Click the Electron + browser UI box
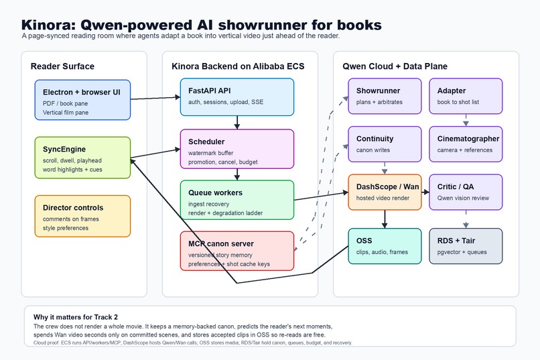point(82,100)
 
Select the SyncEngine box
point(82,158)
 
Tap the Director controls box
point(82,216)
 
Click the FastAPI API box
point(237,97)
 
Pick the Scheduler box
point(237,149)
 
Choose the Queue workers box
point(237,200)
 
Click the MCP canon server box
point(237,251)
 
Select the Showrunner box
point(385,96)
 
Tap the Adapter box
point(466,96)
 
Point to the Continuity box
point(385,144)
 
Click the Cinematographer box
point(466,144)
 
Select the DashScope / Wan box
point(385,192)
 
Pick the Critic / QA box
point(466,192)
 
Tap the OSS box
point(385,246)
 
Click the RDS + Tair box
point(466,246)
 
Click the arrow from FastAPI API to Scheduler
point(237,123)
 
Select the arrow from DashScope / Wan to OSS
point(385,219)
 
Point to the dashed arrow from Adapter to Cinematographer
point(466,120)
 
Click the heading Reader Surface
point(62,66)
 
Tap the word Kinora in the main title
point(48,25)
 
